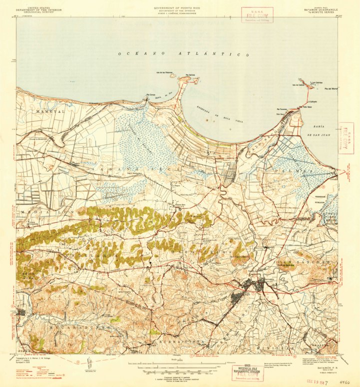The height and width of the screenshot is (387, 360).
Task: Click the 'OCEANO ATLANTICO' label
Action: [x=184, y=54]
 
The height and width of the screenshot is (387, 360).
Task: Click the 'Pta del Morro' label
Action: [x=331, y=89]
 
